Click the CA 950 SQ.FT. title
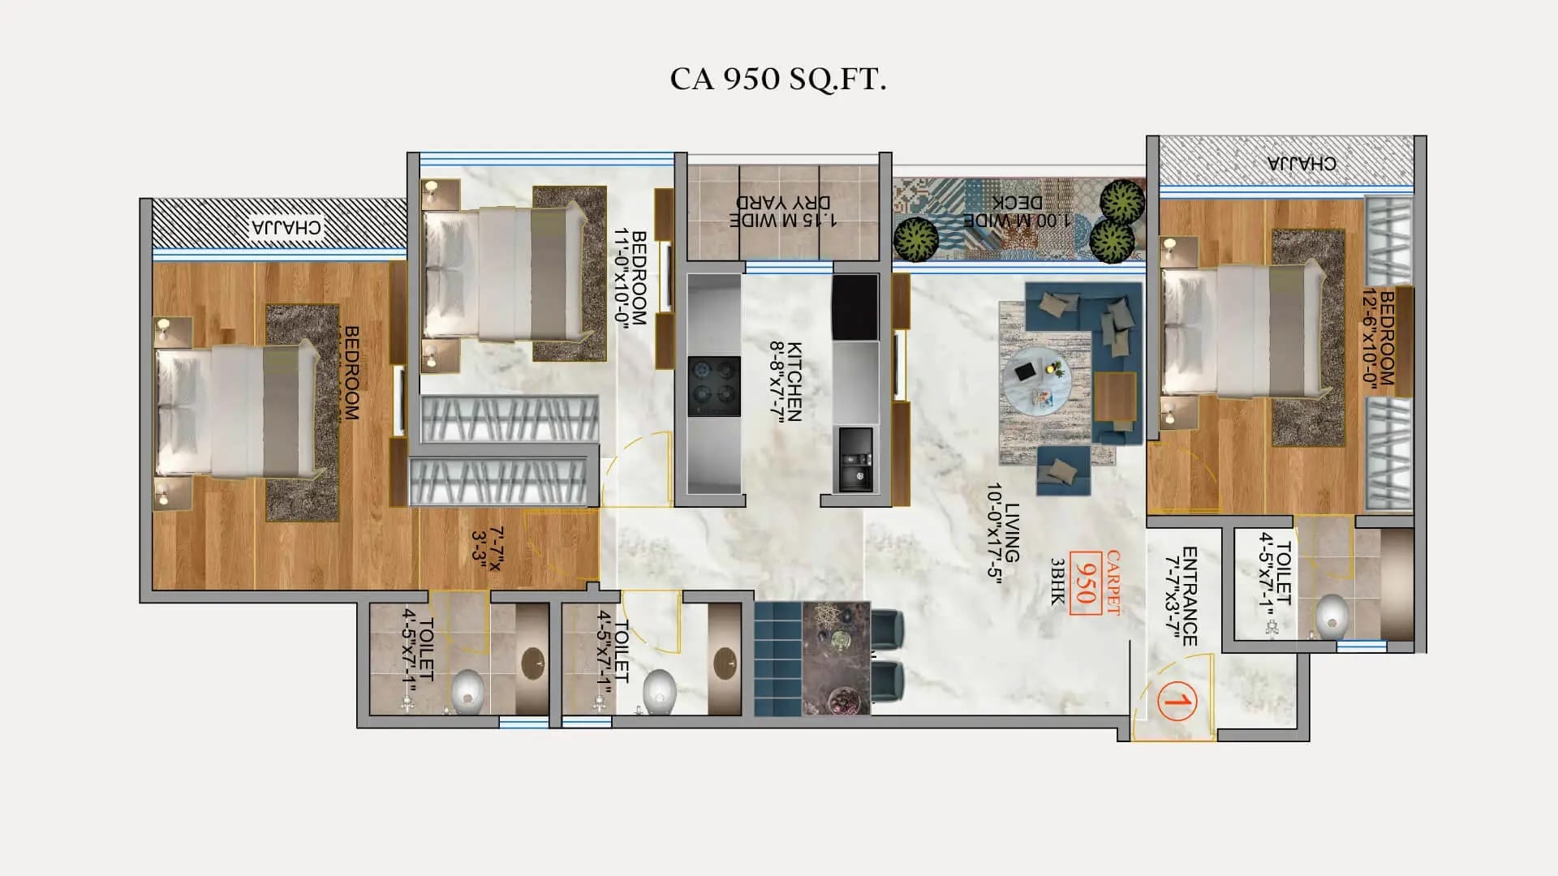(x=777, y=79)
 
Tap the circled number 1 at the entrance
(x=1176, y=700)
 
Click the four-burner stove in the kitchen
(x=714, y=386)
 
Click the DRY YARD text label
(x=783, y=210)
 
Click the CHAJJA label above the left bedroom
(x=286, y=226)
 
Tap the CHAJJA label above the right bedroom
(x=1301, y=163)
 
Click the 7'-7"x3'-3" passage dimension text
(x=487, y=548)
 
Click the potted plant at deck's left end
(x=915, y=239)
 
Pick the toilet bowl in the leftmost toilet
(x=467, y=691)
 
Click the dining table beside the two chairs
(x=836, y=658)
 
